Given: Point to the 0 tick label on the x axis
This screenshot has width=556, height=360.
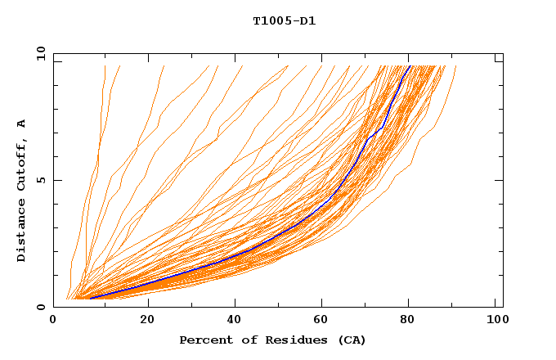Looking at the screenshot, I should pos(54,322).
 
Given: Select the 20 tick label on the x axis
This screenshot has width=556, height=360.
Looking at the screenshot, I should pos(147,322).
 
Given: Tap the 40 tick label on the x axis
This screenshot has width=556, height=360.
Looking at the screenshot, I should pos(236,322).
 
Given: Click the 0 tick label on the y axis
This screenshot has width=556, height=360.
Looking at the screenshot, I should pos(40,308).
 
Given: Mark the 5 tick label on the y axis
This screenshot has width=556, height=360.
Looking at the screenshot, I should pos(40,181).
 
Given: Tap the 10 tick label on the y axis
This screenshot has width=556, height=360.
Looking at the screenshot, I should pos(39,53).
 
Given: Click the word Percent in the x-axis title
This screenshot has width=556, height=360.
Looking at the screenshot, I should pos(203,340).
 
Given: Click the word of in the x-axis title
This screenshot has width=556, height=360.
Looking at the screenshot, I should pos(242,340).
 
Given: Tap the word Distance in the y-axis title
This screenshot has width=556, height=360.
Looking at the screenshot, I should pos(21,231).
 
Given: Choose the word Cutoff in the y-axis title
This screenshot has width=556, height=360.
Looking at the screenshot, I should pos(21,162).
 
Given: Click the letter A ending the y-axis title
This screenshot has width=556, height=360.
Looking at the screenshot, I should pos(21,124).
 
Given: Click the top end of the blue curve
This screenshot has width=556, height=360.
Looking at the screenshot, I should pos(410,65).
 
